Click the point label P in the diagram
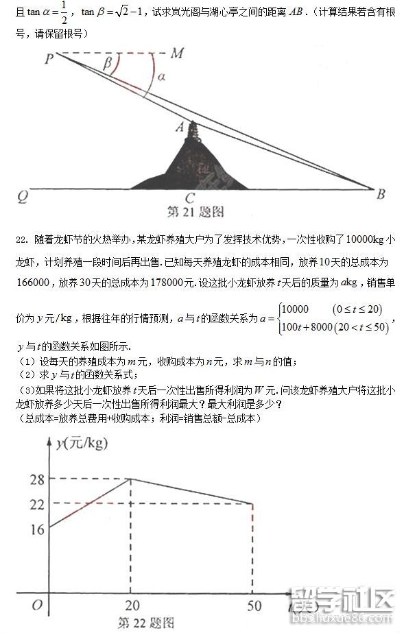pos(49,60)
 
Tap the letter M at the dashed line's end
pos(177,53)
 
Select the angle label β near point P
pos(107,64)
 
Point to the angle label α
pos(161,77)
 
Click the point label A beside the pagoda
pos(180,126)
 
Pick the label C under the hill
pos(190,199)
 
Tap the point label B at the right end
pos(381,195)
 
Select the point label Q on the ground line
pos(22,197)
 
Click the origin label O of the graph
pos(37,605)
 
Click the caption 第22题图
pos(145,623)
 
